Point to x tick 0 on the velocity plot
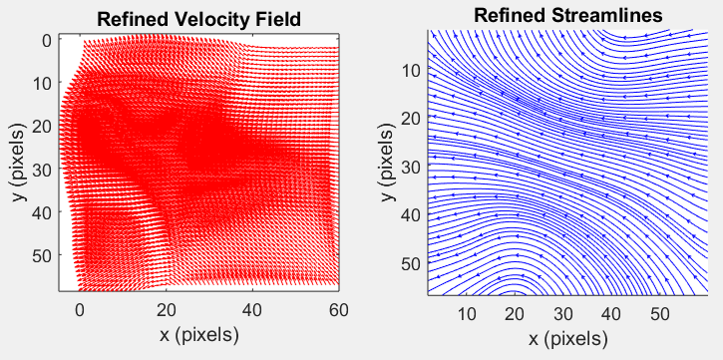pyautogui.click(x=81, y=309)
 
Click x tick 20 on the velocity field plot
pyautogui.click(x=167, y=309)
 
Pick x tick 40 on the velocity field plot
pyautogui.click(x=252, y=309)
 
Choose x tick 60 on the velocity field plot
pyautogui.click(x=339, y=309)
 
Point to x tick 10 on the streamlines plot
pyautogui.click(x=467, y=313)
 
